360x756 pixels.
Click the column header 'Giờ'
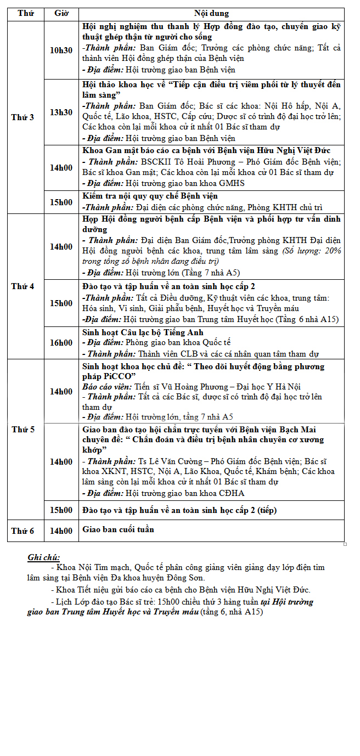(61, 13)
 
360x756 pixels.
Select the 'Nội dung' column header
(211, 13)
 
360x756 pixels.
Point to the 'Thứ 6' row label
(22, 531)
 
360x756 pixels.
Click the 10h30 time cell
(61, 50)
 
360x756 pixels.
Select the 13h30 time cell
(61, 112)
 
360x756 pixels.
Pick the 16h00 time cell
(61, 343)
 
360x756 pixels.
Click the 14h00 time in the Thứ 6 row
(61, 531)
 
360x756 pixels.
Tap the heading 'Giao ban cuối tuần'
(118, 529)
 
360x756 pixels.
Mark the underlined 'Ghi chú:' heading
(44, 557)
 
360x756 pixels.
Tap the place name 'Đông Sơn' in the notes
(188, 578)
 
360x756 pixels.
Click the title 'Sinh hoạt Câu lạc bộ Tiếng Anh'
(143, 332)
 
